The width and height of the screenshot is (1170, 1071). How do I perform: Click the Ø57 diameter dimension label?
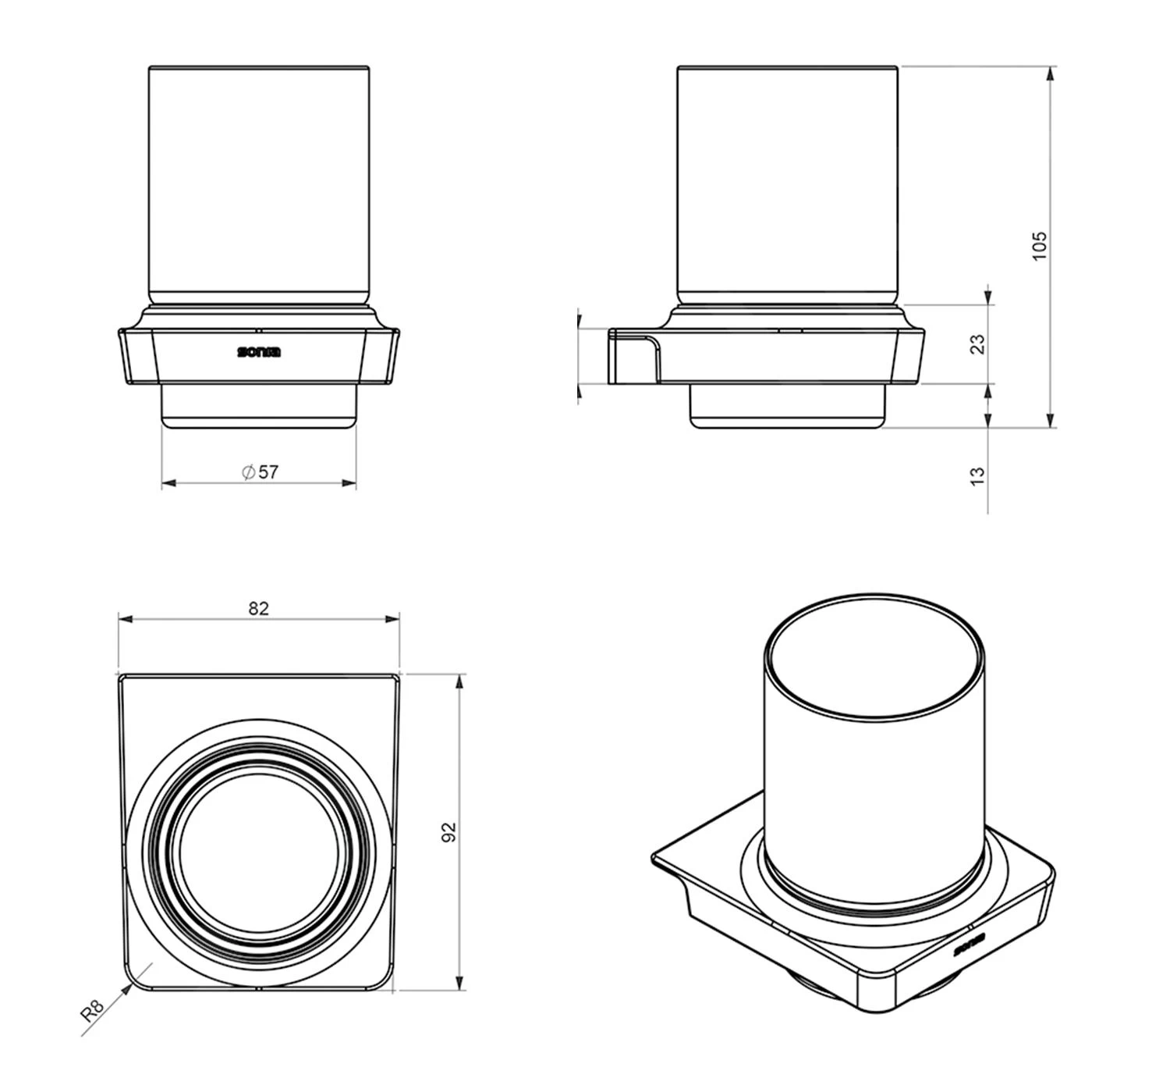260,471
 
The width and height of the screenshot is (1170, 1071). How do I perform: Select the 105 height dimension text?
1040,247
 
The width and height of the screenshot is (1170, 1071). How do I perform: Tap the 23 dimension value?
977,344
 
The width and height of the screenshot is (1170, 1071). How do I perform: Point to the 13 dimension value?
977,475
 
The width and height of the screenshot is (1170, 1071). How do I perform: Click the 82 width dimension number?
258,609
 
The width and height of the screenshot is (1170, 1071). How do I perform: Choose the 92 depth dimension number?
448,831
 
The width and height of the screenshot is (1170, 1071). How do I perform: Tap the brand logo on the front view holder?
259,351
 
